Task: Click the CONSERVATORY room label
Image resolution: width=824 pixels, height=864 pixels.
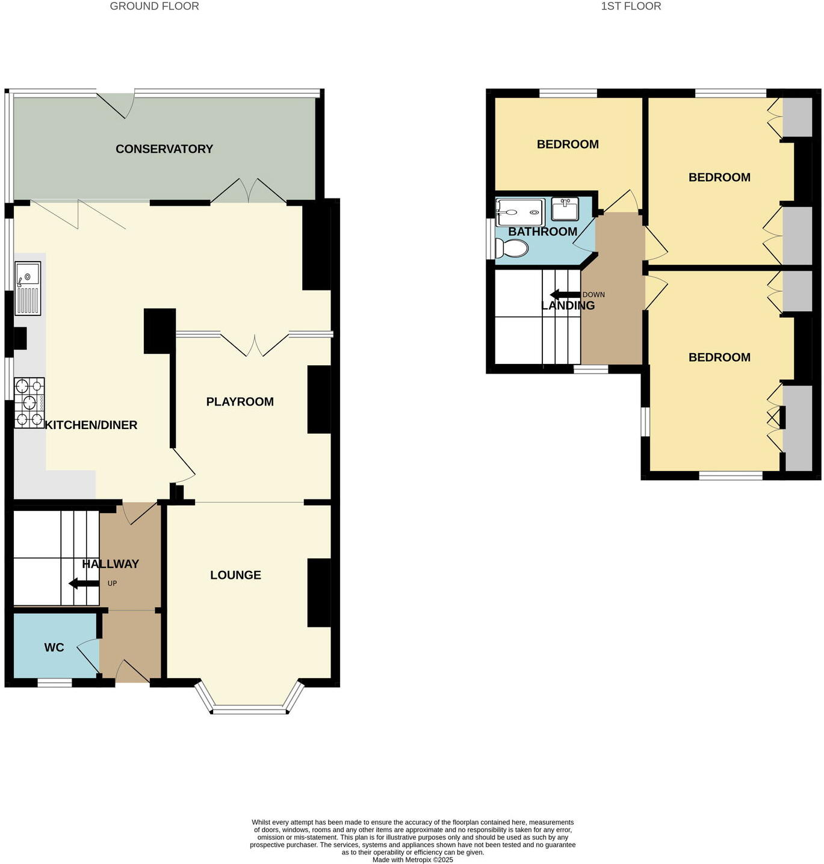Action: [164, 149]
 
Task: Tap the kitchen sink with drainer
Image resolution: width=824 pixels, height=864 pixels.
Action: [28, 288]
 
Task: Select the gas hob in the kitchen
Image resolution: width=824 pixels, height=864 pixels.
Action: [29, 403]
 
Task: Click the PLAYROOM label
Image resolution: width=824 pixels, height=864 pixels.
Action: [240, 402]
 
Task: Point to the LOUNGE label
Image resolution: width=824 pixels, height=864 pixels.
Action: [235, 575]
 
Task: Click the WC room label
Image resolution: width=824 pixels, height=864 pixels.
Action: [54, 648]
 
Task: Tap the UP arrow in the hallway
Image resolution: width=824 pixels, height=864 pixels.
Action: [84, 583]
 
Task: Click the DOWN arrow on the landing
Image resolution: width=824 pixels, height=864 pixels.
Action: [565, 295]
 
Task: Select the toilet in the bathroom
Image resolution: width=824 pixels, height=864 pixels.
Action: [511, 248]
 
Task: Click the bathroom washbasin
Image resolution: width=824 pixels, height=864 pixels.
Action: [565, 209]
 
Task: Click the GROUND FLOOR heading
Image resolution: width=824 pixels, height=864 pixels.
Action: [154, 7]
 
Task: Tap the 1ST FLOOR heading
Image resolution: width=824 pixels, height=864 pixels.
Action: [631, 7]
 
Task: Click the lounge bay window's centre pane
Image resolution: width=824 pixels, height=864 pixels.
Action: [250, 710]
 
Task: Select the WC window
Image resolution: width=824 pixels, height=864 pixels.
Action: [55, 682]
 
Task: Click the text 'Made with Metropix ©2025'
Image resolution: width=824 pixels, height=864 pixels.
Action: [412, 860]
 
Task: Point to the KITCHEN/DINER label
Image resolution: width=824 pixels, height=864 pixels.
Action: [91, 425]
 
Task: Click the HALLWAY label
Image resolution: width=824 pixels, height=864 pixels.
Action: [111, 564]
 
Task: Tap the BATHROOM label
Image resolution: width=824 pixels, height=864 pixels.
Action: [542, 232]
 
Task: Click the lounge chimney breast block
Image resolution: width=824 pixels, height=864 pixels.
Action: [319, 593]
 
